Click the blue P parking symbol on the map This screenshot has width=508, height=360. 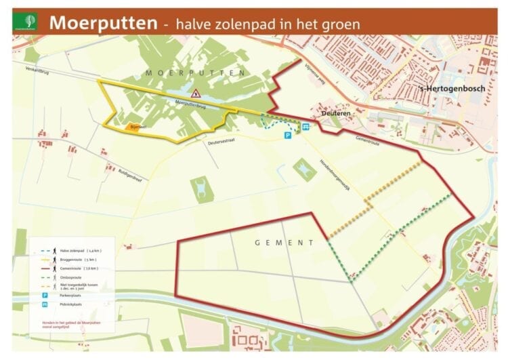coord(287,136)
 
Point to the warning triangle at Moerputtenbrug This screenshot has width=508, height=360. coord(195,95)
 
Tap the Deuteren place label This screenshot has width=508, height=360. coord(336,114)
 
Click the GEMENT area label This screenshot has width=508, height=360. coord(284,242)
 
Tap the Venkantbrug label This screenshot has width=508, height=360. coord(38,69)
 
